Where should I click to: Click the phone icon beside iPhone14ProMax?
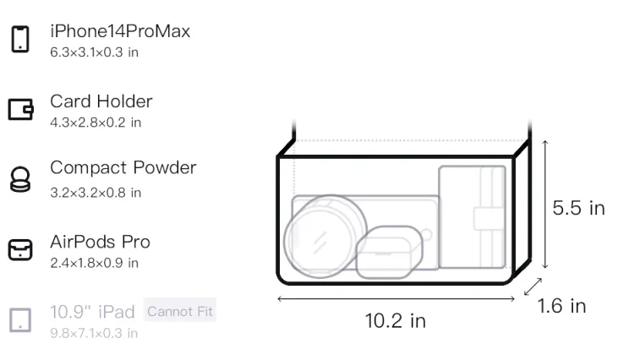[20, 39]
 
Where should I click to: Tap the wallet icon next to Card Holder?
[20, 109]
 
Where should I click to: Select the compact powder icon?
[20, 179]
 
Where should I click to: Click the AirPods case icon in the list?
[20, 249]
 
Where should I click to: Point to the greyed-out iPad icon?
[20, 320]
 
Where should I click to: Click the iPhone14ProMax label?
[120, 31]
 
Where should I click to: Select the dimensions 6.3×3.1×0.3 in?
[94, 52]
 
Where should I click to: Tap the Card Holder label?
[101, 101]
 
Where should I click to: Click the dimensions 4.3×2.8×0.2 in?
[96, 123]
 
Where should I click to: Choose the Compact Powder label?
[123, 167]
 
